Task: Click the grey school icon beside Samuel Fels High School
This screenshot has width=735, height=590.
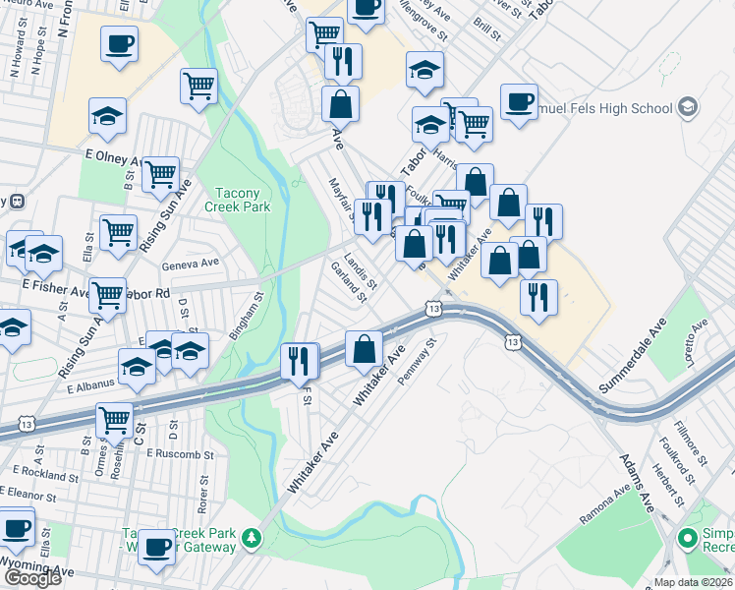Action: (x=687, y=106)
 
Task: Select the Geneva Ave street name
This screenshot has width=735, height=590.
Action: (x=191, y=263)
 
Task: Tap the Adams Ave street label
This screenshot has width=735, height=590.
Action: (x=636, y=483)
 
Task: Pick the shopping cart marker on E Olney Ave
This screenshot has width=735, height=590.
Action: (x=160, y=174)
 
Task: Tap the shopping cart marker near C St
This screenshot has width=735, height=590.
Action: (x=115, y=419)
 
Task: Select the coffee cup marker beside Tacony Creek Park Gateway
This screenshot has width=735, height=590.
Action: (x=156, y=545)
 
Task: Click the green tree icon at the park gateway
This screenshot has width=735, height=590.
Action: (x=253, y=537)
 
